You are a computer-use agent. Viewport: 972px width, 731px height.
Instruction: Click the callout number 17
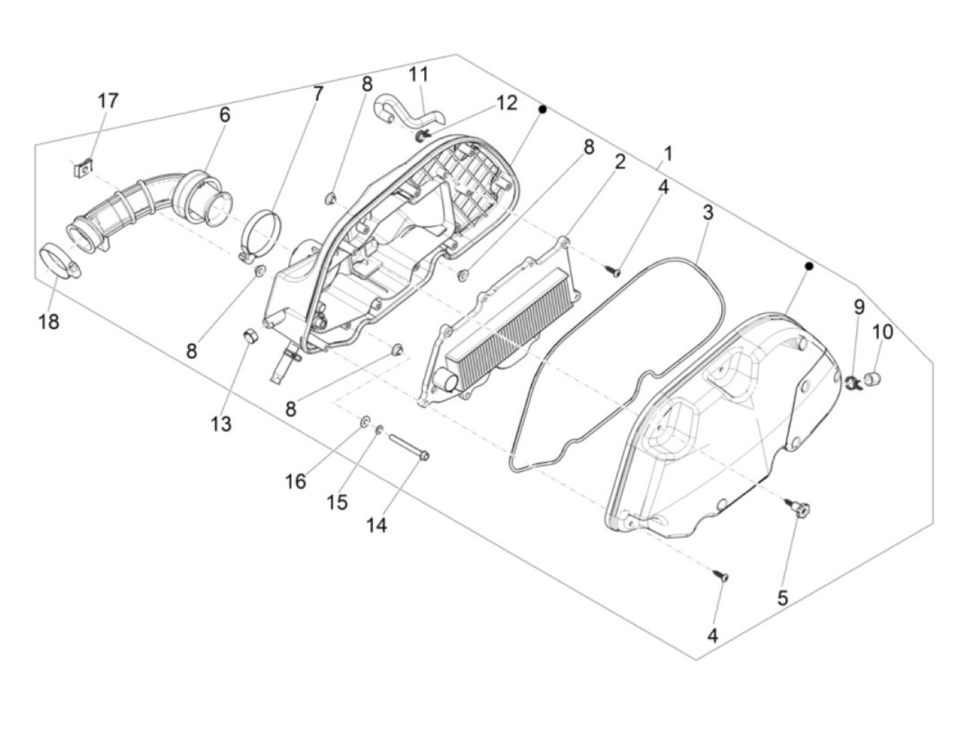coord(108,101)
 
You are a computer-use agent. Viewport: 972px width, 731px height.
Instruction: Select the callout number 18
coord(49,322)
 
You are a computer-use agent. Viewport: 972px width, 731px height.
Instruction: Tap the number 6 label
coord(224,115)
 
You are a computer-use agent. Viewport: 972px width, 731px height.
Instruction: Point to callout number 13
coord(221,423)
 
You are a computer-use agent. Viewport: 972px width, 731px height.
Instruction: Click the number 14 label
coord(376,526)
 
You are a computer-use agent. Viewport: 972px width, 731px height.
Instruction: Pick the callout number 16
coord(295,481)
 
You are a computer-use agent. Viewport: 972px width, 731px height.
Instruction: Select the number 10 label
coord(882,332)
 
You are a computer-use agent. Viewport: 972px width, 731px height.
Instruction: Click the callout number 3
coord(707,213)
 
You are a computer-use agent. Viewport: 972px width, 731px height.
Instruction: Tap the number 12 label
coord(507,103)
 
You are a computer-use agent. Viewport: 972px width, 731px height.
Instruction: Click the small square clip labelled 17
coord(84,167)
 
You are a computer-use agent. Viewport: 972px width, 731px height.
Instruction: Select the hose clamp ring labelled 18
coord(58,259)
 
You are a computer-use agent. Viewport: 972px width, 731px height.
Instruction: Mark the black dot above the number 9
coord(809,266)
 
